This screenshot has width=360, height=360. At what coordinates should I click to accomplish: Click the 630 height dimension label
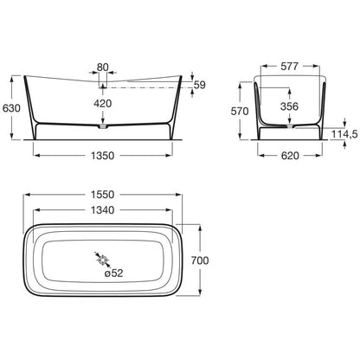[11, 108]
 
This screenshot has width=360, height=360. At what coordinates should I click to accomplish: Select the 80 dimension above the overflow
[103, 67]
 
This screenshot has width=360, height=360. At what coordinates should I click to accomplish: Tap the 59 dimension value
[199, 85]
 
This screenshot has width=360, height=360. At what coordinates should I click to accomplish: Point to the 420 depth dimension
[103, 103]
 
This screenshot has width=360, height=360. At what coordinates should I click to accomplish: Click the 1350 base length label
[103, 156]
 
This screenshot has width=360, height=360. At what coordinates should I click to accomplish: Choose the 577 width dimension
[289, 67]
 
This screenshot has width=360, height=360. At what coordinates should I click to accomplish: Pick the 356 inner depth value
[289, 106]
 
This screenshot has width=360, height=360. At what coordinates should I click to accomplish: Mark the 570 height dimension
[240, 111]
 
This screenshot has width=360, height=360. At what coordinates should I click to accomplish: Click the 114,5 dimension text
[344, 134]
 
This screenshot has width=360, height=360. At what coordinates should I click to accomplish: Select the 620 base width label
[290, 156]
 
